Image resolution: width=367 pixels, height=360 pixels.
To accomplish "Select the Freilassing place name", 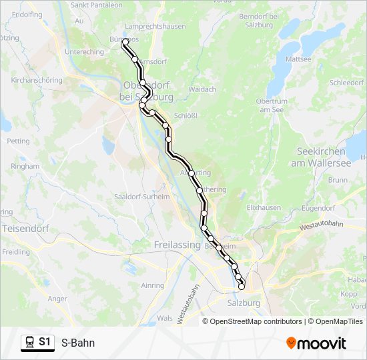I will click(177, 245).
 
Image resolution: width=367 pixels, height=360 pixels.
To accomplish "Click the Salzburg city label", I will click(244, 303).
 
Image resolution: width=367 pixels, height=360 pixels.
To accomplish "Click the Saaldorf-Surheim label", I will click(142, 197).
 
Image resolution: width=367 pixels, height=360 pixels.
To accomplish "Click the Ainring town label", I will click(152, 285).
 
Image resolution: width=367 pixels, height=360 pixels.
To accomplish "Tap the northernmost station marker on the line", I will click(125, 42).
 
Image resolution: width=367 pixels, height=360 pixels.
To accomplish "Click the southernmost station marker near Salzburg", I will click(242, 287).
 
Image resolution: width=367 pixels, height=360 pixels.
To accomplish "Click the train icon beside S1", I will click(29, 343).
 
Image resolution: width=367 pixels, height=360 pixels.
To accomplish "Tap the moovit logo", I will click(316, 343).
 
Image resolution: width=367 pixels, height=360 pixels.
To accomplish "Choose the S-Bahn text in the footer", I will click(78, 343).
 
